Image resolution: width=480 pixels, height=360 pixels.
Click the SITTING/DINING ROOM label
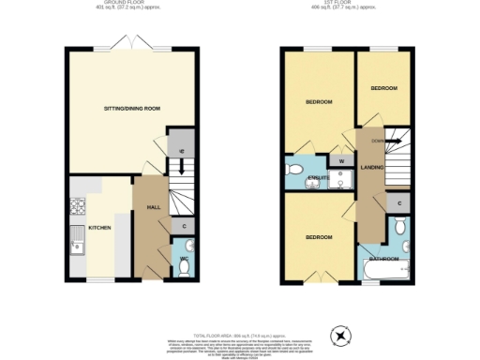coord(131,109)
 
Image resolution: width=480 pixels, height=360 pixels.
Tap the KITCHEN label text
coord(100,228)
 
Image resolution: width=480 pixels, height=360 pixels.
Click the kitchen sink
coord(76,246)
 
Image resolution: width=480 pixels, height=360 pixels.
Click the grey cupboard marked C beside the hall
coord(183,226)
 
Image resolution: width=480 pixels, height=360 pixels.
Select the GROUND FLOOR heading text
coord(132,4)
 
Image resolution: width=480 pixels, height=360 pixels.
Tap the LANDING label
coord(371,167)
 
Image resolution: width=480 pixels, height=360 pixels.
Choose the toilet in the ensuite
coord(294,170)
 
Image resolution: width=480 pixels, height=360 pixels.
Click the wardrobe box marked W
coord(341,161)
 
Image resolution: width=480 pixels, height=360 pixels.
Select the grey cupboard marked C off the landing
coord(399,203)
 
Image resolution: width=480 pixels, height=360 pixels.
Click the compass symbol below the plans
coord(341,334)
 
